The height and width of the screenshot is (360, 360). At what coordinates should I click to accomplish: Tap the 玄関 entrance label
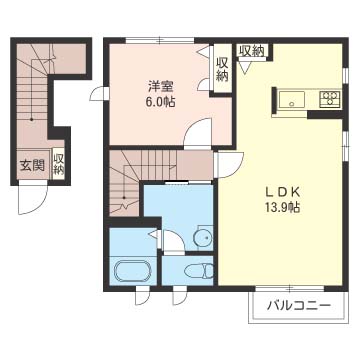[x=31, y=164]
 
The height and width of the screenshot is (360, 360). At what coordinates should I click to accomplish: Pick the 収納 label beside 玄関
[x=59, y=164]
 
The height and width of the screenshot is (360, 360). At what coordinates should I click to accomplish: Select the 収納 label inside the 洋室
[x=221, y=69]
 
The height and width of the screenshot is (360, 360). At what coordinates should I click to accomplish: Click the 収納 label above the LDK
[x=251, y=51]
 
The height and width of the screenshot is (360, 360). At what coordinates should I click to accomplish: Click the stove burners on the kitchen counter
[x=328, y=98]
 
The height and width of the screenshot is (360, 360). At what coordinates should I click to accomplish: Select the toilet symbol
[x=200, y=271]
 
